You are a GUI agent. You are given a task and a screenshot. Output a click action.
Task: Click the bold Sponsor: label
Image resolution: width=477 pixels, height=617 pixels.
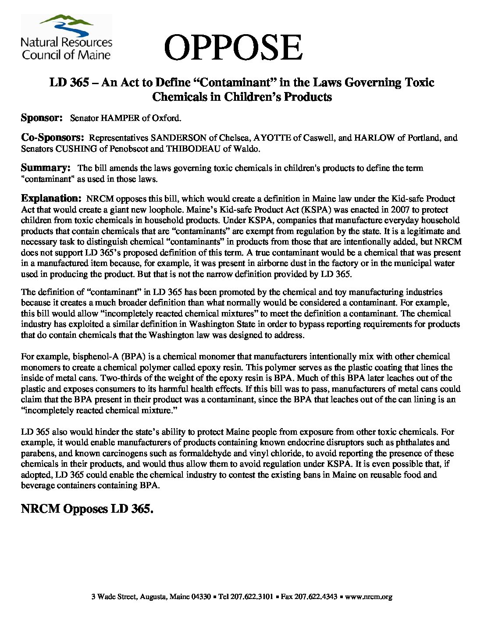coord(43,118)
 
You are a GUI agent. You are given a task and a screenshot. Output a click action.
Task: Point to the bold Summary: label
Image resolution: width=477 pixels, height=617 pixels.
coord(46,167)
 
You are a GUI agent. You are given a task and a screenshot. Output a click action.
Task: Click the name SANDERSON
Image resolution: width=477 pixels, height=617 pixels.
coord(172,138)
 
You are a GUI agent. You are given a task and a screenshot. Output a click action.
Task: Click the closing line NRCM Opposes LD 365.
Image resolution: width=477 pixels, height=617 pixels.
coord(87,509)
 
